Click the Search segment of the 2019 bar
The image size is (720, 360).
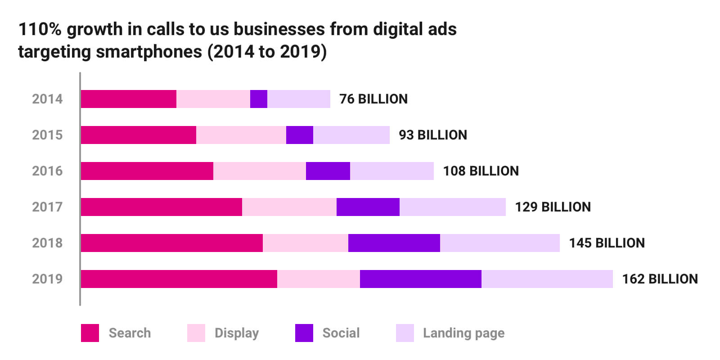point(179,279)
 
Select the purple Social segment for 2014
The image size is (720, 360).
point(259,99)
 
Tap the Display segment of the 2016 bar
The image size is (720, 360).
point(260,171)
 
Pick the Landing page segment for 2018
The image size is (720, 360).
point(500,243)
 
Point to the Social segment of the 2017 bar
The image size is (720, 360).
point(368,207)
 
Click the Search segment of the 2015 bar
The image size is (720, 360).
point(139,135)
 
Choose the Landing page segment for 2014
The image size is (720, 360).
point(299,99)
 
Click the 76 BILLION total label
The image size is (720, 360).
point(373,99)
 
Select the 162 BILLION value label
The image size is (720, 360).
point(660,279)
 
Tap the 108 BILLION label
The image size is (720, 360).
point(481,171)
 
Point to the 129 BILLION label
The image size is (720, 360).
point(553,207)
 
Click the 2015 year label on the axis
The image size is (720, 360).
point(47,135)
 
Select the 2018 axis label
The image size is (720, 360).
point(47,243)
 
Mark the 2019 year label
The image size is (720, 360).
point(47,279)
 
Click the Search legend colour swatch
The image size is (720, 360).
point(90,333)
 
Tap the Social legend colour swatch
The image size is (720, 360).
point(304,333)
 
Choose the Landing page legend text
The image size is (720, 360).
point(463,333)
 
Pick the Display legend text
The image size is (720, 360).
point(237,333)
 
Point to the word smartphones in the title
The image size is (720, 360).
point(149,52)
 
